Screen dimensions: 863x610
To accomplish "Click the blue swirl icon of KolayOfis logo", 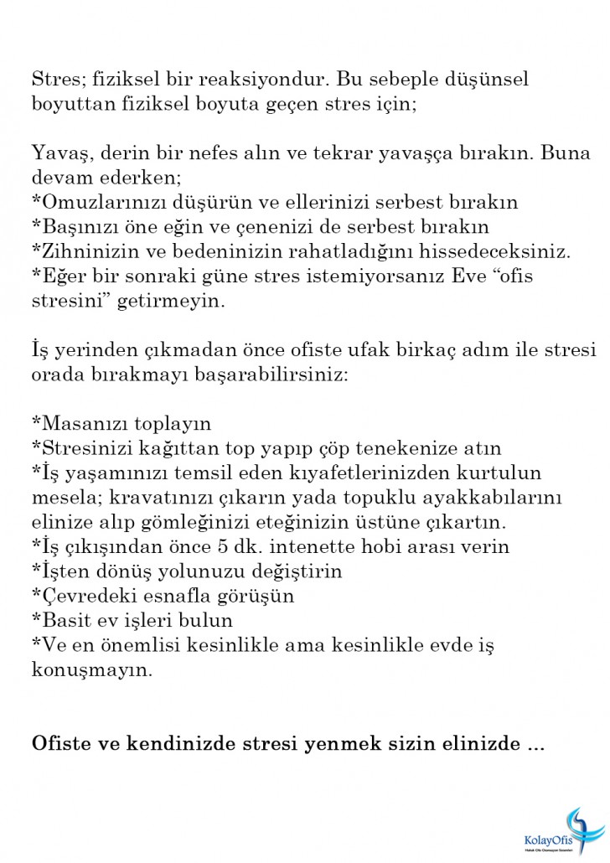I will (x=581, y=826).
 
